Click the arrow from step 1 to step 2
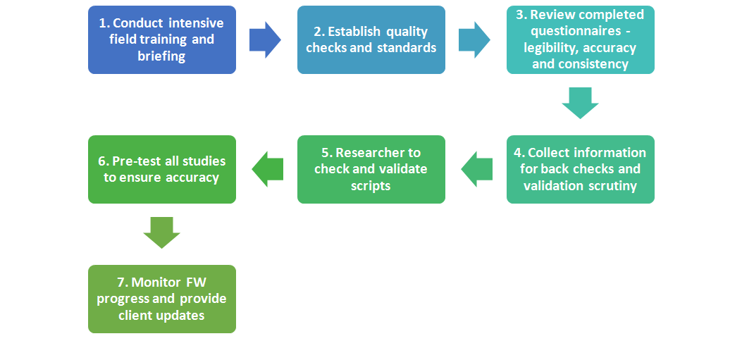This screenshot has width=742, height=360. (x=265, y=39)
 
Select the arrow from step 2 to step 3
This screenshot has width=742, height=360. (x=474, y=39)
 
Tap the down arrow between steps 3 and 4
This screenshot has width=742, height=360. (x=580, y=103)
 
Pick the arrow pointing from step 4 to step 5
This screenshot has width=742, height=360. (x=476, y=169)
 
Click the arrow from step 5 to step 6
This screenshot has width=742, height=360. (x=267, y=169)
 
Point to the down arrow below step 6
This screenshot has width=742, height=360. (x=162, y=232)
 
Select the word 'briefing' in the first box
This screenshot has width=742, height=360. (x=161, y=56)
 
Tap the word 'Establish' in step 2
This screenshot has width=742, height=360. (x=354, y=32)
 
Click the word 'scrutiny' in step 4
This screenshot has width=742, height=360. (x=613, y=185)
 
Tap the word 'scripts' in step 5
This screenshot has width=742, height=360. (x=371, y=185)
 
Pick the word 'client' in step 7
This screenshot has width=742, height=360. (x=134, y=315)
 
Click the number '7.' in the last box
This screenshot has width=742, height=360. (x=123, y=283)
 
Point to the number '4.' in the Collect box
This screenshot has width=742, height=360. (x=519, y=153)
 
